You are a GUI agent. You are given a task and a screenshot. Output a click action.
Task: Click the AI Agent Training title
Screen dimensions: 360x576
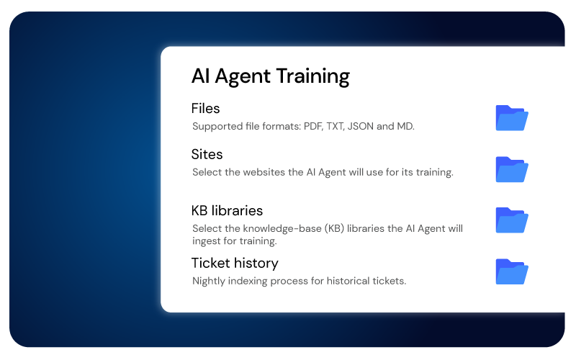pos(270,76)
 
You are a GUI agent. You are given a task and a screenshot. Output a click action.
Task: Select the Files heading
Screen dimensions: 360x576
pos(205,109)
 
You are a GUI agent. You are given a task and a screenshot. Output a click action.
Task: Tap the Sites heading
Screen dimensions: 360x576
pos(207,154)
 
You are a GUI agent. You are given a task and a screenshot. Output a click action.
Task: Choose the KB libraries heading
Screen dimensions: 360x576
pos(227,211)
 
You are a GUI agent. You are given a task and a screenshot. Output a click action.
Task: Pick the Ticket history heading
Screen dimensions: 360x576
pos(235,263)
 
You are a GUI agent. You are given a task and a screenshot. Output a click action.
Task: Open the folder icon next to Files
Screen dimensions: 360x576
pos(512,117)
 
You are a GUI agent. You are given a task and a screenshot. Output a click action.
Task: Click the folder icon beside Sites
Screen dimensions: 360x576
pos(512,169)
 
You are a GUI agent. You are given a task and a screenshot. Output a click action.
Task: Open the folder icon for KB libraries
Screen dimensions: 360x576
pos(512,220)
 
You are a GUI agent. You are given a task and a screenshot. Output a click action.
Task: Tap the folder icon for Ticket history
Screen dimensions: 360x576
pos(512,271)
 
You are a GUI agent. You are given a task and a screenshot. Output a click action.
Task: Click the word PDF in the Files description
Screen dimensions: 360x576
pos(312,127)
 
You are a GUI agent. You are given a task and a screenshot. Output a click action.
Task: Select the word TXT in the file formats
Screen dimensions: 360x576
pos(336,127)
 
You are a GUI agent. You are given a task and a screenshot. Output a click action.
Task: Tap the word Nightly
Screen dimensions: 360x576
pos(210,281)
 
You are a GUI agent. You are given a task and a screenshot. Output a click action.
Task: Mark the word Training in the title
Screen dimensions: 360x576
pos(312,76)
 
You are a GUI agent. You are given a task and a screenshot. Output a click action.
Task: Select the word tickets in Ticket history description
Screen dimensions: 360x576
pos(389,281)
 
